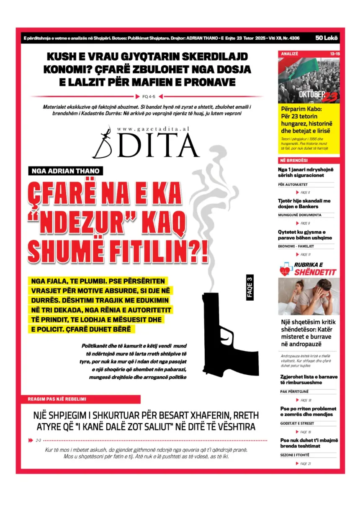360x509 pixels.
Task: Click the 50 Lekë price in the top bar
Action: [x=327, y=38]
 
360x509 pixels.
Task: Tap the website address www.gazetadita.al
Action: [x=153, y=129]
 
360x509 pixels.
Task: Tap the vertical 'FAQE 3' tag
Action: [x=250, y=287]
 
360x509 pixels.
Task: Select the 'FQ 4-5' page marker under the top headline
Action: [x=149, y=96]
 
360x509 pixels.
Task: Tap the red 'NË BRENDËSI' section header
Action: [x=293, y=161]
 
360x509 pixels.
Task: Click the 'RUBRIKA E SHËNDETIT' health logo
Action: [x=308, y=269]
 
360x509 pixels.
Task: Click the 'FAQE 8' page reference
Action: [x=305, y=193]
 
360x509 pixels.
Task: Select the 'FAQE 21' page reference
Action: [x=305, y=464]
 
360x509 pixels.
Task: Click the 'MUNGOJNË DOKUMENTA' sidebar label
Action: [x=300, y=215]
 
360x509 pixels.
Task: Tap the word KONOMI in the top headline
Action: [x=66, y=69]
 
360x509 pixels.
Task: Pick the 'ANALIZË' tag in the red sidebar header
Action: [x=289, y=54]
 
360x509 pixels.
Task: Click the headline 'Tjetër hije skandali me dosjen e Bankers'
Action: [x=304, y=203]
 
